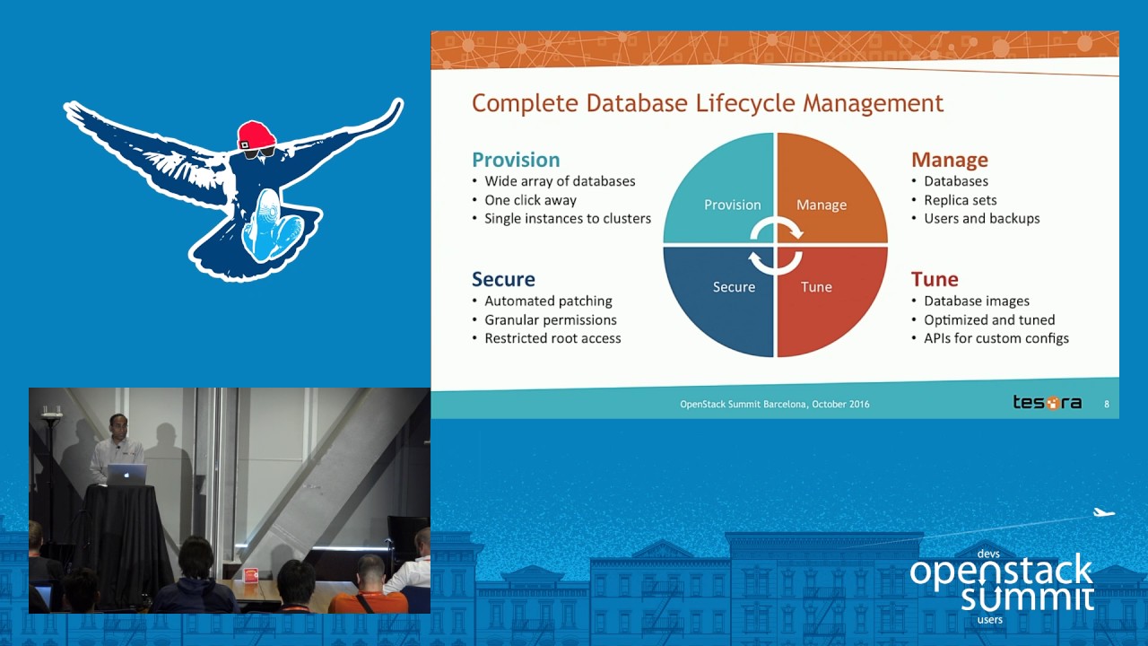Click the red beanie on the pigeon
click(x=257, y=135)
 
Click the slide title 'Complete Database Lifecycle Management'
click(x=708, y=103)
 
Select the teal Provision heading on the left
click(x=516, y=160)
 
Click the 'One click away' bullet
click(x=530, y=200)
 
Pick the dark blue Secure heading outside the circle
click(x=503, y=279)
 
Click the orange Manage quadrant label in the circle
click(x=822, y=205)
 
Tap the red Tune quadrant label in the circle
click(x=816, y=286)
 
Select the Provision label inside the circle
click(x=733, y=205)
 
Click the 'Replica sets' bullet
click(x=960, y=200)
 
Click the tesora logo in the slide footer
click(x=1047, y=403)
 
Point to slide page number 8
click(x=1107, y=404)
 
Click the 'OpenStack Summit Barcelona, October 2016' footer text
click(x=774, y=404)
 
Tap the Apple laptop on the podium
click(x=126, y=475)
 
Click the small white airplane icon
click(x=1103, y=512)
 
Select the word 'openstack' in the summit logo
click(x=1001, y=572)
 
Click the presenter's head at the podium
click(x=117, y=425)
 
